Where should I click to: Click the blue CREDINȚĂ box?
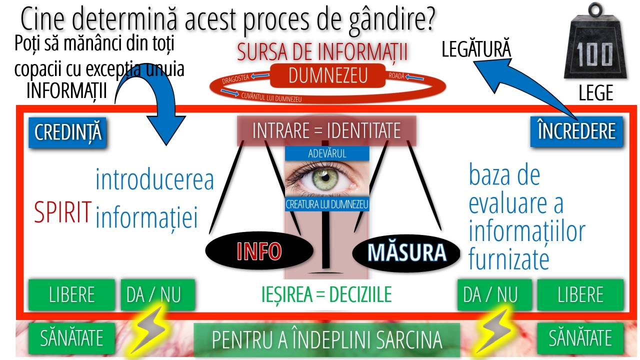pyautogui.click(x=67, y=132)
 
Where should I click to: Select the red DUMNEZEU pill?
pyautogui.click(x=328, y=75)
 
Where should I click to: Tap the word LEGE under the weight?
pyautogui.click(x=595, y=93)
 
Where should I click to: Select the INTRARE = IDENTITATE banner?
pyautogui.click(x=326, y=131)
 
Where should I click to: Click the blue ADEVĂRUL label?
pyautogui.click(x=327, y=153)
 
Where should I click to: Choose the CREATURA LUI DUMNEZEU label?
pyautogui.click(x=327, y=204)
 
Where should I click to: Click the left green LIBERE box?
pyautogui.click(x=72, y=295)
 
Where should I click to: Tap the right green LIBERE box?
pyautogui.click(x=580, y=295)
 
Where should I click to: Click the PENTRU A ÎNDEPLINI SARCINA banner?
pyautogui.click(x=326, y=339)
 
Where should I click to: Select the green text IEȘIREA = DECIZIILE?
pyautogui.click(x=326, y=295)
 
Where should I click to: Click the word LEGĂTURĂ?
pyautogui.click(x=476, y=50)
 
